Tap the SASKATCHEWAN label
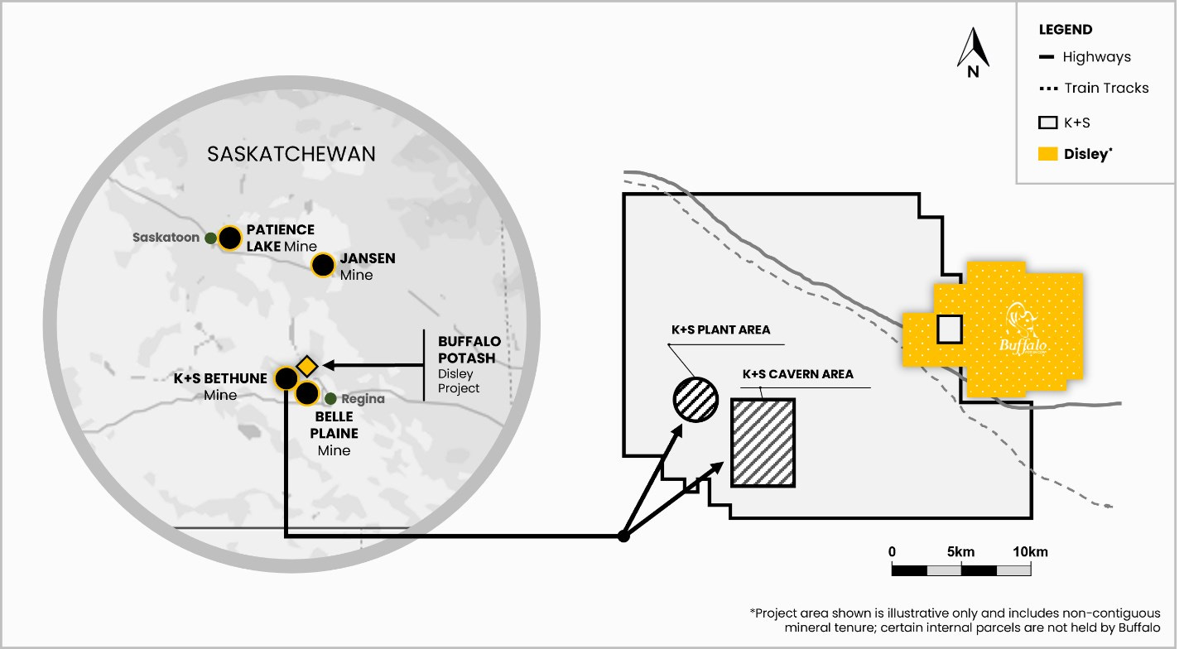291,154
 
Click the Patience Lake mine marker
230,239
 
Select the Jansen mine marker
323,265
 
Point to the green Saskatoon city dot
211,238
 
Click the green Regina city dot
330,398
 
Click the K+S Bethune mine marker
286,378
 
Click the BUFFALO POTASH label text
467,349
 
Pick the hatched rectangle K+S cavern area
763,442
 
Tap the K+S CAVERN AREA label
797,374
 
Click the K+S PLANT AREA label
720,329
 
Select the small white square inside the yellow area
950,329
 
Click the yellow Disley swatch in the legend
1047,154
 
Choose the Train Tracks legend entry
1106,88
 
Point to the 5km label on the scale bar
960,552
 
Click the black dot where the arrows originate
623,536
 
